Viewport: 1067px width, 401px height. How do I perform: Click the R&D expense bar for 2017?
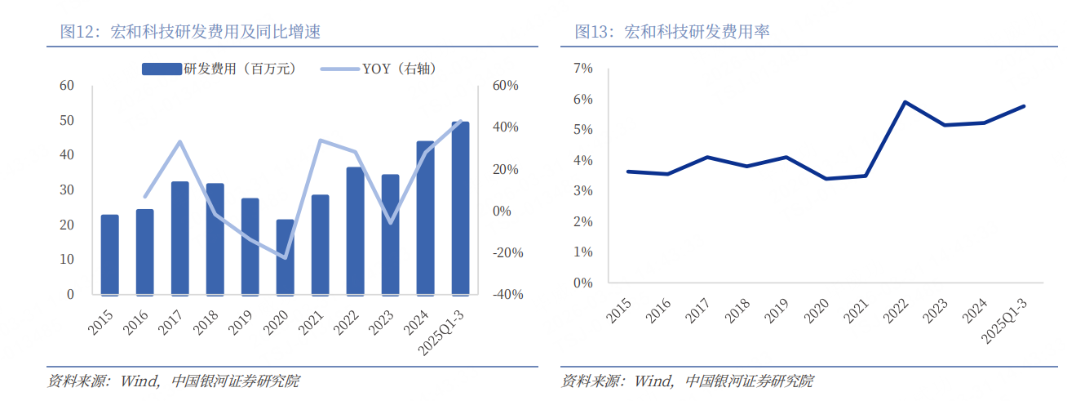pyautogui.click(x=179, y=238)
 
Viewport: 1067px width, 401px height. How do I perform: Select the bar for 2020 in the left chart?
pyautogui.click(x=285, y=256)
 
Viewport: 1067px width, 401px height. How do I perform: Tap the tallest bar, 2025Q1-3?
pyautogui.click(x=460, y=207)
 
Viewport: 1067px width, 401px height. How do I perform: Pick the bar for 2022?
pyautogui.click(x=355, y=230)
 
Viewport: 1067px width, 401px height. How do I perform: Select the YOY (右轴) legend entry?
pyautogui.click(x=379, y=69)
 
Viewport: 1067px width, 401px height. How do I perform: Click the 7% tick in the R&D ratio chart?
pyautogui.click(x=582, y=69)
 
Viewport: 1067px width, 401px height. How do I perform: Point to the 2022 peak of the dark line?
pyautogui.click(x=905, y=102)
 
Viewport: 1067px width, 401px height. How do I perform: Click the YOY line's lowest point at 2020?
pyautogui.click(x=285, y=257)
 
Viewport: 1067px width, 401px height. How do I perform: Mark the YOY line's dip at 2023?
pyautogui.click(x=390, y=222)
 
